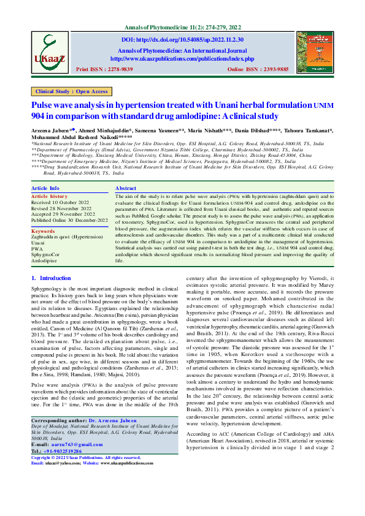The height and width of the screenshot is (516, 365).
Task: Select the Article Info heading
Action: [45, 171]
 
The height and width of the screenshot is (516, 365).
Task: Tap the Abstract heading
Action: [126, 171]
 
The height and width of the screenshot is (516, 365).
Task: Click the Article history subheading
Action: [50, 179]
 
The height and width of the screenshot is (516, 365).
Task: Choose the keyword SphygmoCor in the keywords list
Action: [46, 236]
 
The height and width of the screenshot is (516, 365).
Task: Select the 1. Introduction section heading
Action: [51, 278]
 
